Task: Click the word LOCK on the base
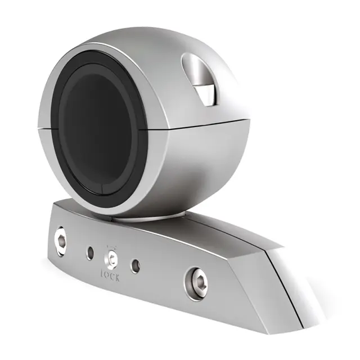(x=110, y=277)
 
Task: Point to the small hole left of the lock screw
(x=90, y=253)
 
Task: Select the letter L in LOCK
(x=102, y=276)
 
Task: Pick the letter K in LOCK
(x=118, y=278)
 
